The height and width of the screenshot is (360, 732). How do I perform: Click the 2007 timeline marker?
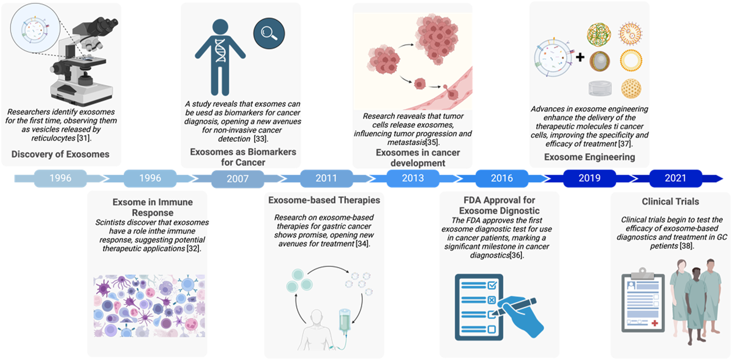point(238,179)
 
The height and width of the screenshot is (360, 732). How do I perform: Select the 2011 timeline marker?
point(326,178)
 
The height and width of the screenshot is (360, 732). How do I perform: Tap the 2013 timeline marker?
point(413,178)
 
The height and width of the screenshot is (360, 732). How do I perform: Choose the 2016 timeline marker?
point(501,178)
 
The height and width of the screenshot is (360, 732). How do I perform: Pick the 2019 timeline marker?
point(589,178)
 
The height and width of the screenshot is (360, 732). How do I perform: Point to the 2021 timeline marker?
point(675,178)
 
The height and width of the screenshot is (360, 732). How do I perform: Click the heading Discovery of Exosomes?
point(60,154)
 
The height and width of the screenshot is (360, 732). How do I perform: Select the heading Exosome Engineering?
point(589,157)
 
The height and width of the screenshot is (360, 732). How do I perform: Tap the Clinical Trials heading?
point(670,202)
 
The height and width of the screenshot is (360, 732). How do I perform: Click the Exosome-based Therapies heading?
point(324,200)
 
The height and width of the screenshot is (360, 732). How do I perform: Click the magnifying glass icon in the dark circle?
point(269,33)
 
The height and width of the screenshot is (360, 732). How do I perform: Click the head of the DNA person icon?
point(220,26)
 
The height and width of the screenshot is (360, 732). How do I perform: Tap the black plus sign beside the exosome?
point(580,57)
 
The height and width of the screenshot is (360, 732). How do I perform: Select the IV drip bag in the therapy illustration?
point(345,319)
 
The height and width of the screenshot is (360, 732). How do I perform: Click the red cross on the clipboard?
point(654,323)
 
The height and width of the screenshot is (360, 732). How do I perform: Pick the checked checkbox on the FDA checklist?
point(492,285)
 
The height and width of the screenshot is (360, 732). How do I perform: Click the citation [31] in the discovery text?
point(83,138)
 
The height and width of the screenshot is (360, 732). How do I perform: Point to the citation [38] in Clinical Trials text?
point(687,246)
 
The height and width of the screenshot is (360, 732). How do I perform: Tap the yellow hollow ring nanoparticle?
point(631,60)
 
